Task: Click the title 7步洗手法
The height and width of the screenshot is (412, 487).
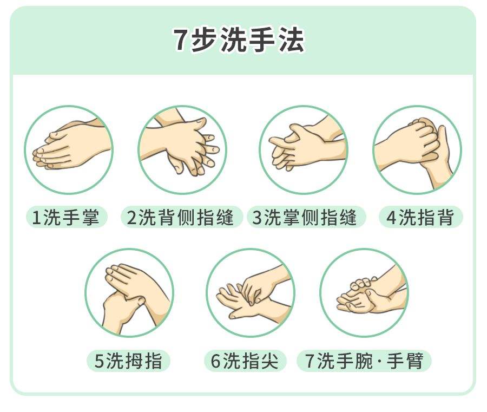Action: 239,41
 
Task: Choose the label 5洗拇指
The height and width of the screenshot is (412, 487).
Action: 128,361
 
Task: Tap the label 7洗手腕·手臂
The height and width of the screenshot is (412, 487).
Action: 364,361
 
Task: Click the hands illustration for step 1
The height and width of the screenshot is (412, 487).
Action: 68,149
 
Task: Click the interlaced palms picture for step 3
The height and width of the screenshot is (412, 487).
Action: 303,149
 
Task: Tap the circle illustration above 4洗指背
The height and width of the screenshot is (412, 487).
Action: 417,149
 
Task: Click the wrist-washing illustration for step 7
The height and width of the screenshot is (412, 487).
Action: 364,292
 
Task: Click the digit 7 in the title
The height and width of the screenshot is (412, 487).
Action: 181,41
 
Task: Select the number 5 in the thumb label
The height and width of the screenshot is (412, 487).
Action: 99,362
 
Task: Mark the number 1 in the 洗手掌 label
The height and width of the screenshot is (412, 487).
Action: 36,218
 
